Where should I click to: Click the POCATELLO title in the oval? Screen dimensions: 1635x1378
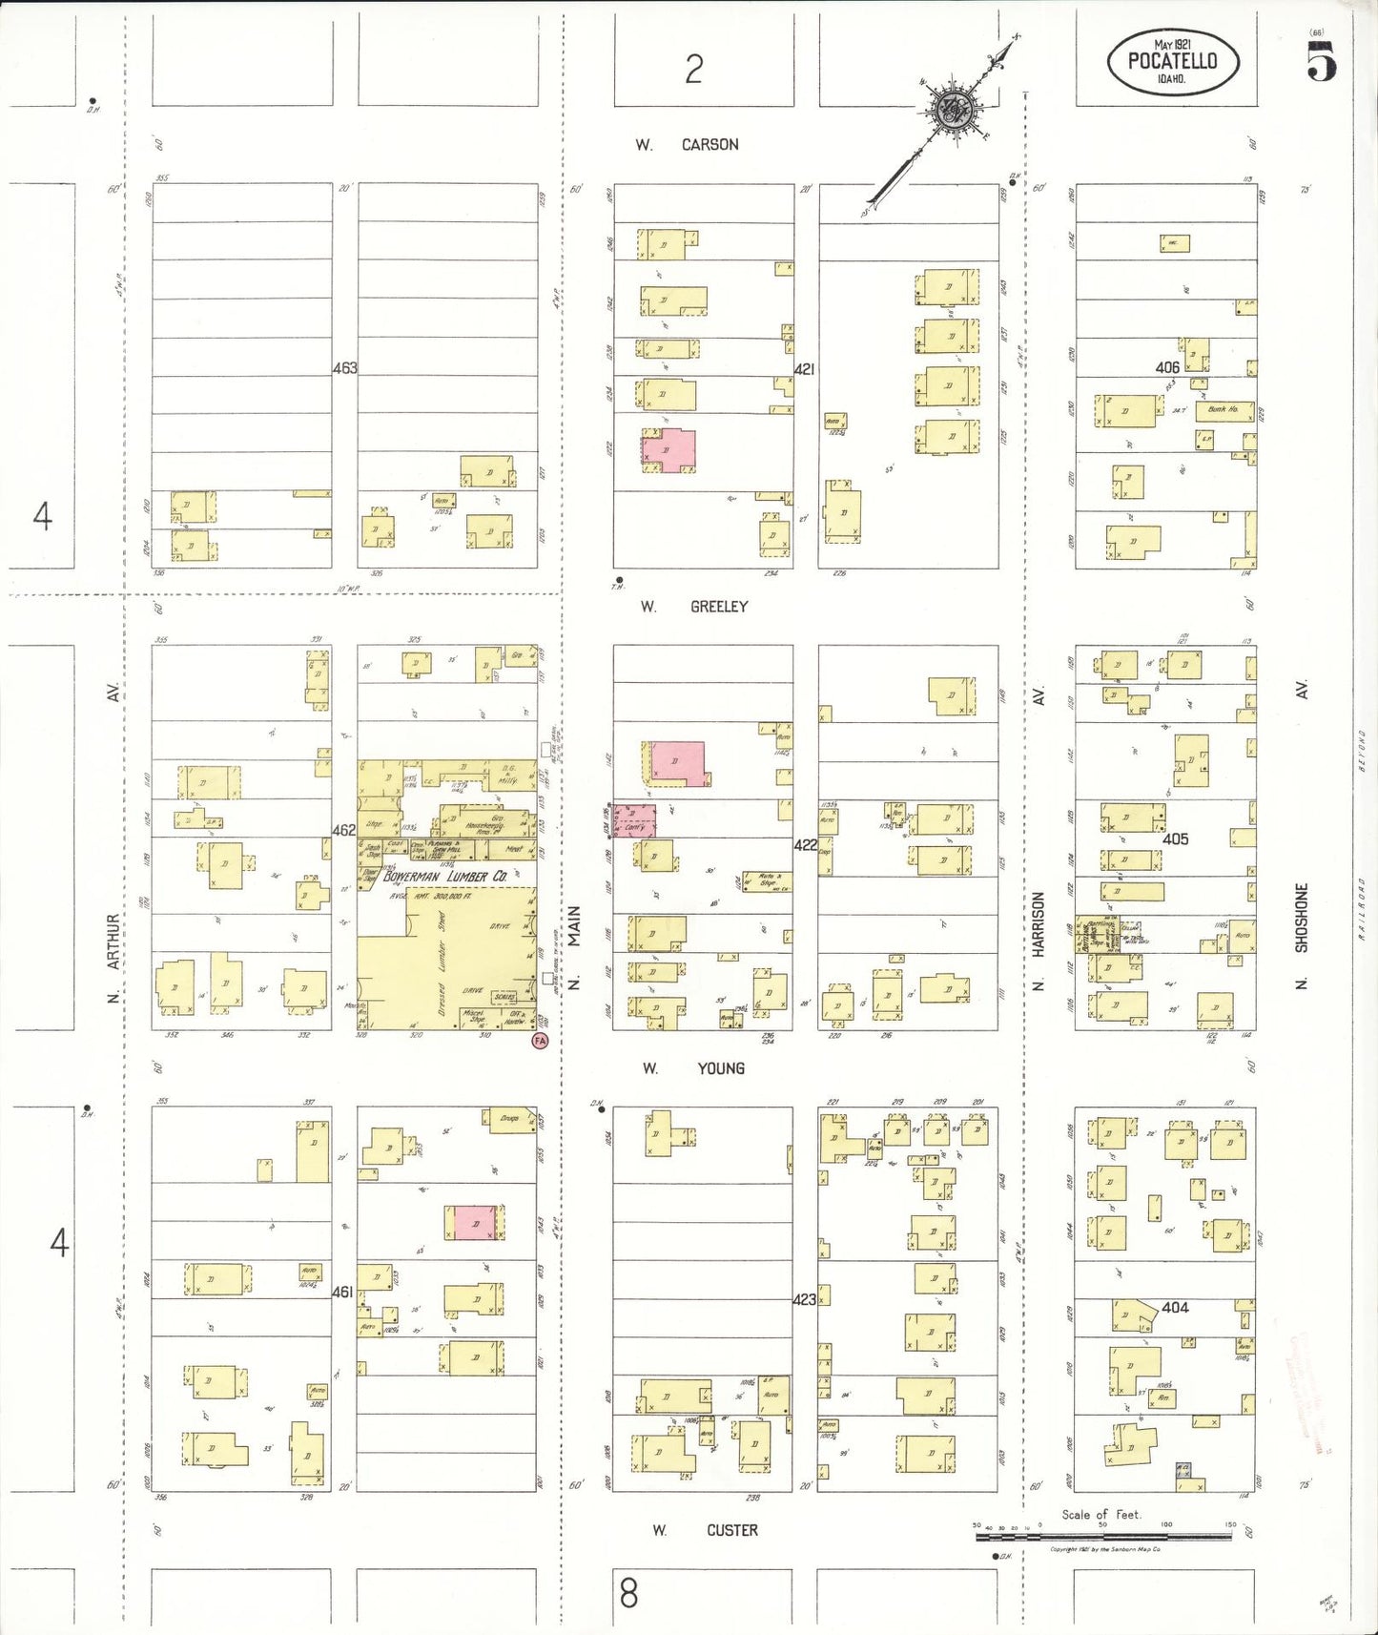1172,61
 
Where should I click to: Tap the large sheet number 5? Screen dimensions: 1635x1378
1322,63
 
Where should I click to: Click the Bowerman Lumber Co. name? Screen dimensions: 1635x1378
445,876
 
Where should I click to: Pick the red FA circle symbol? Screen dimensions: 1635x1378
541,1041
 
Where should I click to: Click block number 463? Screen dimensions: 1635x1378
345,368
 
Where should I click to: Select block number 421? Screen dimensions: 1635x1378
805,369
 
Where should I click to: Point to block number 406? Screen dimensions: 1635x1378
1167,367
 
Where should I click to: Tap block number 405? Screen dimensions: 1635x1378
1176,838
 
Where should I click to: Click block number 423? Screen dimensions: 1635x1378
805,1299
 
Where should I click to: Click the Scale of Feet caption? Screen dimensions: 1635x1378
1100,1514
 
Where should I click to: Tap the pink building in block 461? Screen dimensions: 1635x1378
474,1222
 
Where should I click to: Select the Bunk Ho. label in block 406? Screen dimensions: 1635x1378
1224,409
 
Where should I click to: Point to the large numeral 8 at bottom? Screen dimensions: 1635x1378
628,1593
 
